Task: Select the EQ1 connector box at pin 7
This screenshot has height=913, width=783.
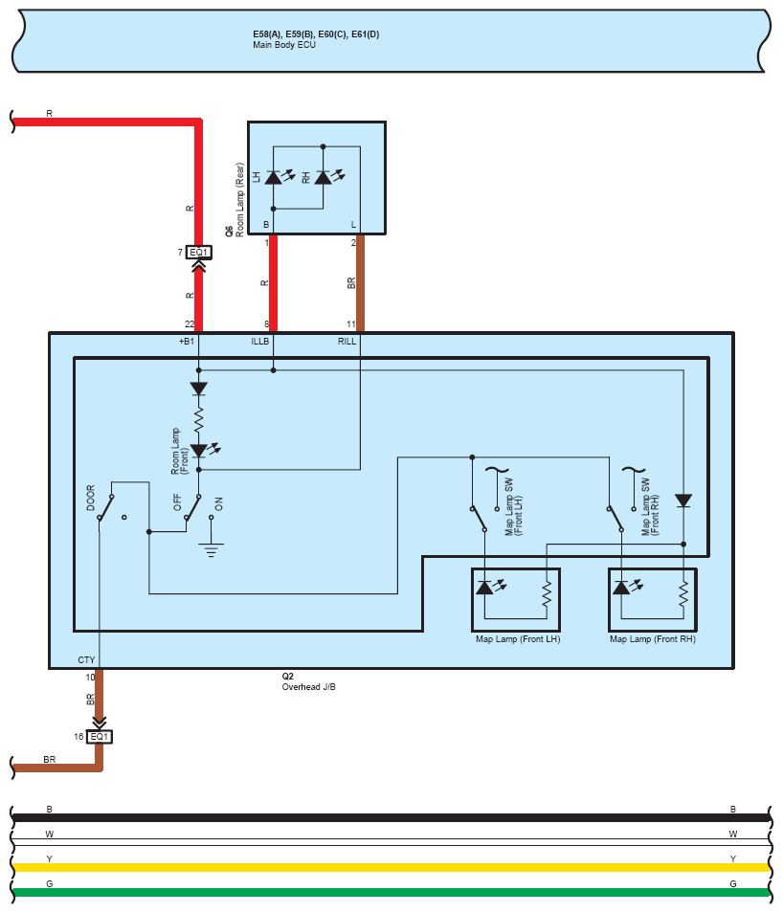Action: pyautogui.click(x=199, y=253)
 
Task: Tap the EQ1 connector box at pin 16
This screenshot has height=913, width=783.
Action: pyautogui.click(x=100, y=737)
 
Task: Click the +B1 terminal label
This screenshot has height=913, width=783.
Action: pyautogui.click(x=187, y=341)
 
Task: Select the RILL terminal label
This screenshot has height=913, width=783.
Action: pyautogui.click(x=347, y=341)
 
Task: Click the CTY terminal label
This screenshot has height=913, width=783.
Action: pyautogui.click(x=86, y=660)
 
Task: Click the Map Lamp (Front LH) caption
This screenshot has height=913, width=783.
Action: pyautogui.click(x=517, y=638)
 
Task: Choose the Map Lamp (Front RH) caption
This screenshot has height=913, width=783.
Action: pyautogui.click(x=653, y=638)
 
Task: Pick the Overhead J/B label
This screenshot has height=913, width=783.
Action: pyautogui.click(x=308, y=687)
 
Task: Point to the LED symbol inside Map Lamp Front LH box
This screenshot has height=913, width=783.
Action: pyautogui.click(x=485, y=588)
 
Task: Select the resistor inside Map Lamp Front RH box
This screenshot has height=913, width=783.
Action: pyautogui.click(x=683, y=594)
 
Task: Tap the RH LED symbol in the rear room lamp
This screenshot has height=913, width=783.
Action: pyautogui.click(x=323, y=177)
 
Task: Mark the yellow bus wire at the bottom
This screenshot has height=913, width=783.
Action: pyautogui.click(x=383, y=867)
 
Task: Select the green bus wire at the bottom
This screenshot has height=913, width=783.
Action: pyautogui.click(x=383, y=892)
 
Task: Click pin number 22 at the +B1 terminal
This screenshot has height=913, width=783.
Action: pyautogui.click(x=190, y=325)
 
